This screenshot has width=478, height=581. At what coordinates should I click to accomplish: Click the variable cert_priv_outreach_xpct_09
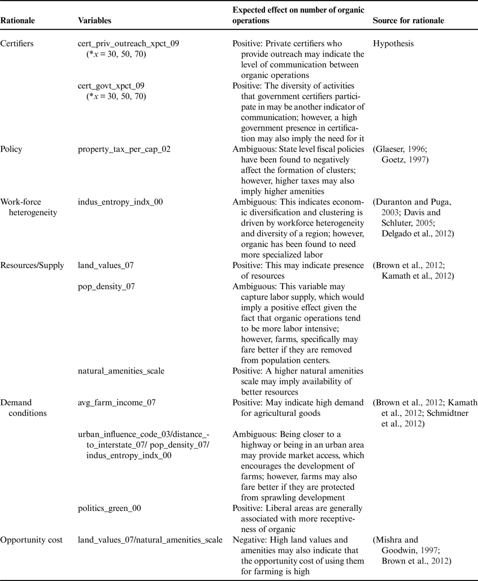128,44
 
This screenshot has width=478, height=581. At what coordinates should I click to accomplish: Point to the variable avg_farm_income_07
116,402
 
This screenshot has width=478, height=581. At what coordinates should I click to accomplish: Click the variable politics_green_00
110,508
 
